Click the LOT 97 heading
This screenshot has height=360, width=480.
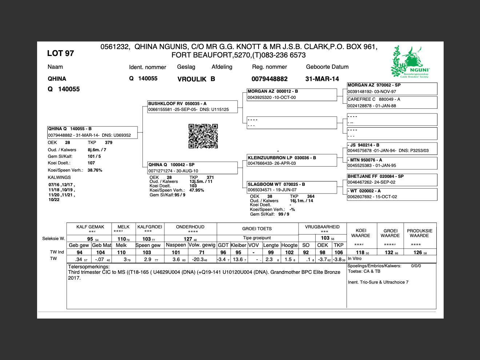click(x=60, y=53)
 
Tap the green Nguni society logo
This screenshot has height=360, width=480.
click(x=410, y=62)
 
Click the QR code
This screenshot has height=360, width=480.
click(x=203, y=136)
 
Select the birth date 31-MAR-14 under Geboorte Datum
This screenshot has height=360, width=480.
click(x=322, y=79)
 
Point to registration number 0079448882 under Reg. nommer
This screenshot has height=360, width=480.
click(x=269, y=79)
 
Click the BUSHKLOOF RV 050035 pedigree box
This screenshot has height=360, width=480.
click(x=192, y=107)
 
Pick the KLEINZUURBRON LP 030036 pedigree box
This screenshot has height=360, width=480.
click(x=292, y=160)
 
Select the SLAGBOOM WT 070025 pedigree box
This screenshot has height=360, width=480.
click(x=292, y=187)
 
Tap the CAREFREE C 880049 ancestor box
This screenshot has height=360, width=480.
click(x=392, y=102)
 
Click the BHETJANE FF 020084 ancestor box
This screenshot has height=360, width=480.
click(x=392, y=179)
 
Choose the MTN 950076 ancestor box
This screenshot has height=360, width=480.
click(x=392, y=163)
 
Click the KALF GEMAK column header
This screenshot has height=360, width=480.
click(x=90, y=227)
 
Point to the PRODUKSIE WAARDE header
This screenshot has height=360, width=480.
click(x=420, y=233)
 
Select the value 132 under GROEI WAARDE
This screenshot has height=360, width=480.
click(x=389, y=252)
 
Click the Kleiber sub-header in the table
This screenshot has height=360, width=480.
click(x=238, y=245)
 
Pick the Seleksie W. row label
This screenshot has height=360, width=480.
click(x=53, y=239)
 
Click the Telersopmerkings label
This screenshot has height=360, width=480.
click(x=89, y=267)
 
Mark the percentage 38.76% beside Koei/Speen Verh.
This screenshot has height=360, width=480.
click(x=95, y=170)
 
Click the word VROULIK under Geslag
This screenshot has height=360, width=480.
click(x=192, y=79)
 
